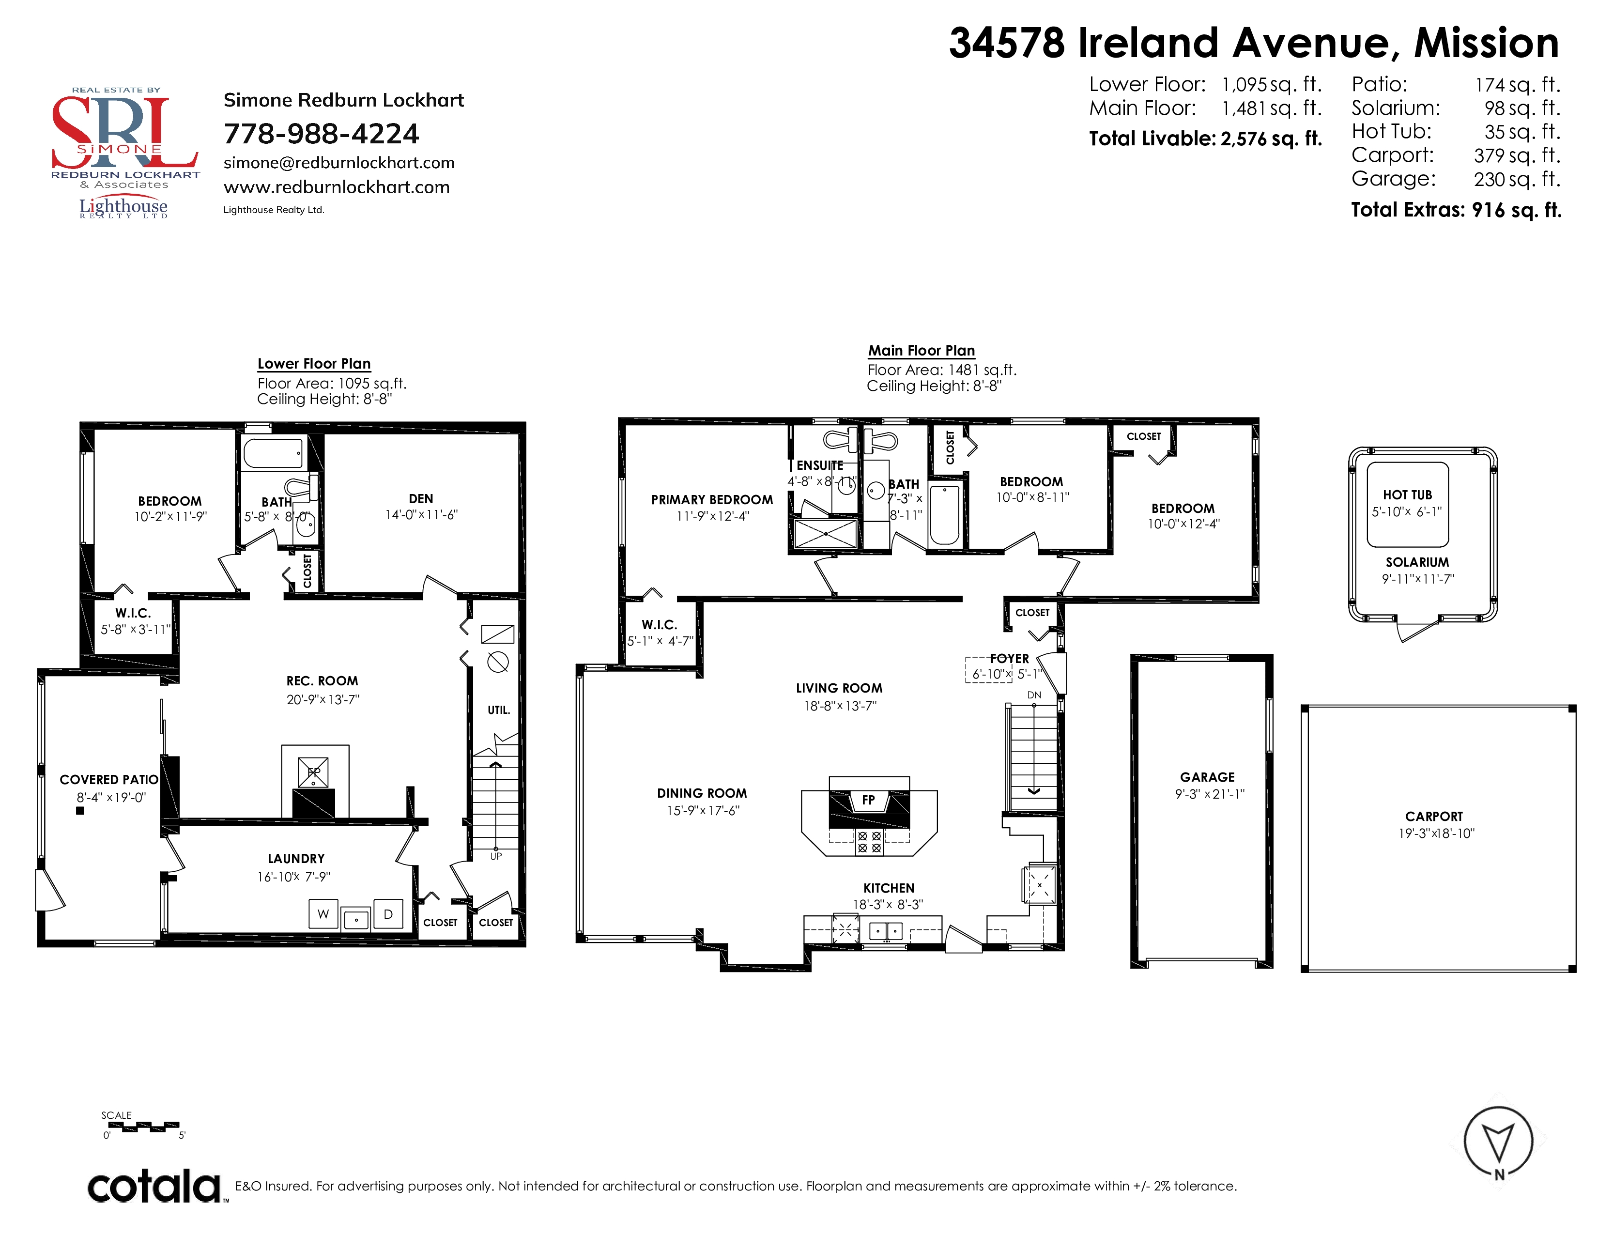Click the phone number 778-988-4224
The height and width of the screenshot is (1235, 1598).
point(321,134)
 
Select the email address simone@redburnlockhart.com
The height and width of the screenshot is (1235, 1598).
point(339,162)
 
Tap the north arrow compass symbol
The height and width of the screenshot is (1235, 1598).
point(1498,1142)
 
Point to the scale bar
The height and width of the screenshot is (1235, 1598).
point(143,1127)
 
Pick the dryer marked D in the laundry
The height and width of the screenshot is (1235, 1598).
point(388,914)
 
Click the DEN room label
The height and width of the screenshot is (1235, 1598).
point(421,498)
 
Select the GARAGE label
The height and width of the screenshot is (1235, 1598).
point(1207,777)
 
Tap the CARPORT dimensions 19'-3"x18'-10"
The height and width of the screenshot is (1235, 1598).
point(1436,834)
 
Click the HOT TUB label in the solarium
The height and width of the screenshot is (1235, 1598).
point(1407,494)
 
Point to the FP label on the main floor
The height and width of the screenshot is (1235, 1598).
point(869,800)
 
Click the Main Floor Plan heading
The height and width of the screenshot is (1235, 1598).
point(921,351)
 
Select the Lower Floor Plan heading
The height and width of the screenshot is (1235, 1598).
point(314,364)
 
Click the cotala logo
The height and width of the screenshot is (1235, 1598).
point(154,1186)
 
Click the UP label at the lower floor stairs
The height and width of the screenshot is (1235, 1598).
point(496,856)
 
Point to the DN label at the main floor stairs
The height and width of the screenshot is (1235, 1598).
point(1034,695)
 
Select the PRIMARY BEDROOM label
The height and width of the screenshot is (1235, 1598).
point(712,500)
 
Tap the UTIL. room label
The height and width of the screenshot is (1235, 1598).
point(499,710)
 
